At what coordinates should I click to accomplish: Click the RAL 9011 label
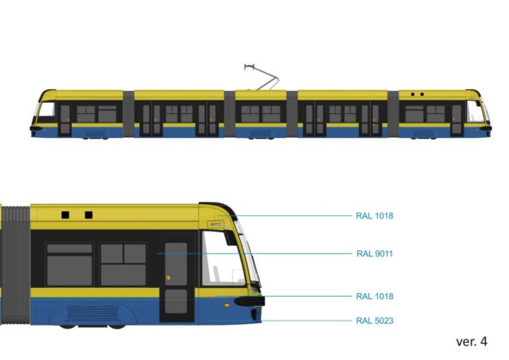[374, 254]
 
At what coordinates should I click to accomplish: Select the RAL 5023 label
[374, 321]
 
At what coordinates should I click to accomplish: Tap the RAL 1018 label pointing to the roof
[374, 216]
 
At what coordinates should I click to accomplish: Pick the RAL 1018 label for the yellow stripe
[374, 297]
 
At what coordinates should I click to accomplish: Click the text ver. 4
[471, 341]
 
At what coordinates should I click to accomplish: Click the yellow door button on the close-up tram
[168, 279]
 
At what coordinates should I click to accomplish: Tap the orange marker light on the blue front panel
[227, 305]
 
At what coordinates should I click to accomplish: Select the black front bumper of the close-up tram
[249, 301]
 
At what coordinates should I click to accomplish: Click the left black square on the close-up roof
[65, 215]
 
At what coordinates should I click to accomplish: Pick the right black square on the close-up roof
[88, 215]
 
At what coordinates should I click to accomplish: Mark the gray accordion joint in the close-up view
[15, 265]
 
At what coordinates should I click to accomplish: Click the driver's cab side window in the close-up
[223, 259]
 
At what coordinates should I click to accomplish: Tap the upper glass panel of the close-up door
[176, 264]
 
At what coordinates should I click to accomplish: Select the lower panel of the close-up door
[176, 302]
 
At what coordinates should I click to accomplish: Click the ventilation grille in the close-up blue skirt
[93, 313]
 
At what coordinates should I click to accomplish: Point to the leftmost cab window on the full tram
[47, 110]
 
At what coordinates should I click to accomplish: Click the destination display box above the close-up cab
[216, 225]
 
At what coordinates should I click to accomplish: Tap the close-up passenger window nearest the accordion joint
[69, 265]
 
